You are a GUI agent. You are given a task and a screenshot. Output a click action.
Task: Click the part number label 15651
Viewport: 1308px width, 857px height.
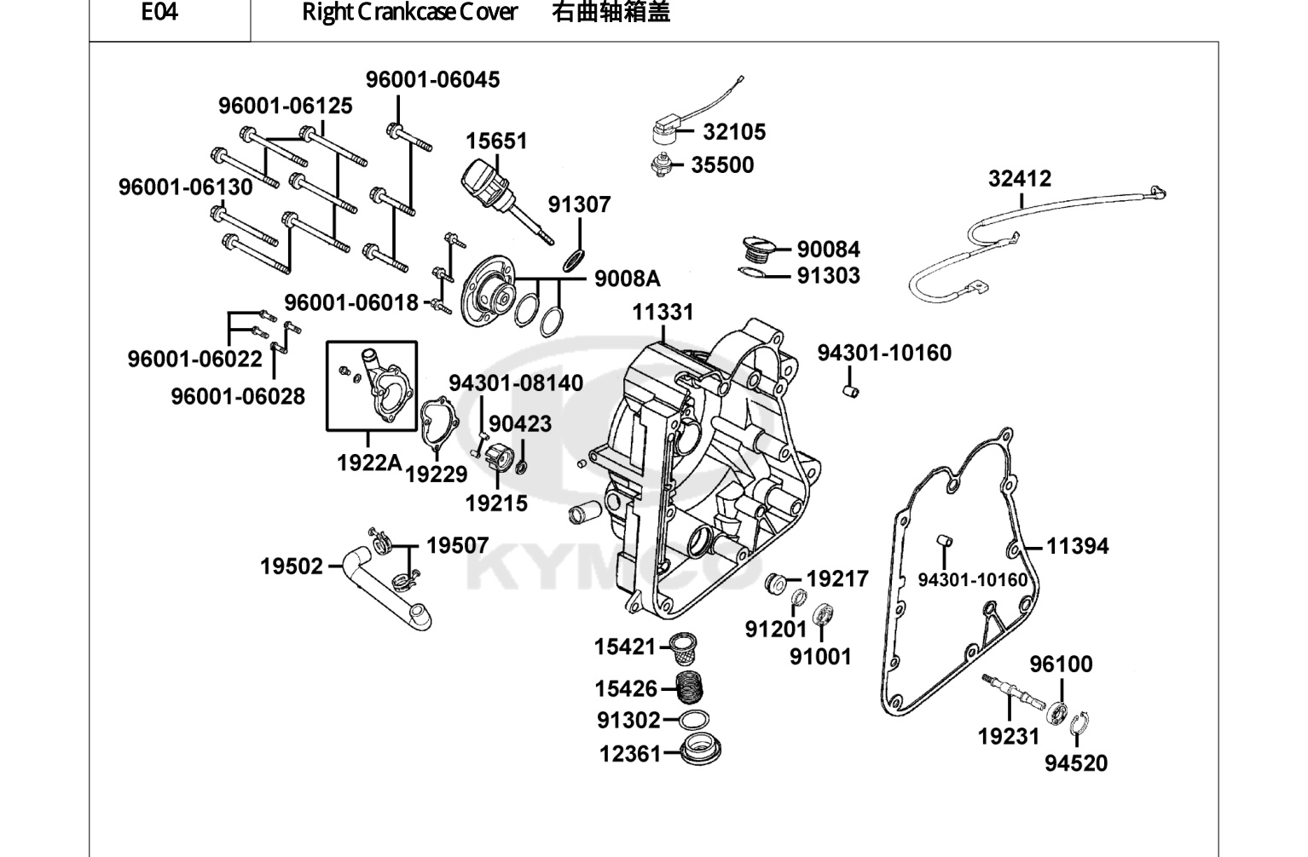[496, 141]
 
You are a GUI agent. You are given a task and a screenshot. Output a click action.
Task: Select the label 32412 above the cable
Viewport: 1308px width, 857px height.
[1020, 179]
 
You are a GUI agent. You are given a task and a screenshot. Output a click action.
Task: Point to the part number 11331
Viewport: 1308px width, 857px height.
[663, 312]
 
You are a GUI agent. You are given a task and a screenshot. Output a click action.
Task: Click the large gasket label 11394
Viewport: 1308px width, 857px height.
[1077, 547]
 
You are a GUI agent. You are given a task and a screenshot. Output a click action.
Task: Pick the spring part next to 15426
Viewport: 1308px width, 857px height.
[690, 687]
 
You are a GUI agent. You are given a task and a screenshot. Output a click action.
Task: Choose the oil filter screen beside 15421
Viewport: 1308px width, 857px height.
[681, 648]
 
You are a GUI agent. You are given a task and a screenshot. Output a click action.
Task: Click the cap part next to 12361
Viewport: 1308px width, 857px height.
[701, 750]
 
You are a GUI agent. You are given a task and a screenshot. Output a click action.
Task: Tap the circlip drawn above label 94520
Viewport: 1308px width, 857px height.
[1079, 723]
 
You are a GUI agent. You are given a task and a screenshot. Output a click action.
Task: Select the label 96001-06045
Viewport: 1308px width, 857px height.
[432, 80]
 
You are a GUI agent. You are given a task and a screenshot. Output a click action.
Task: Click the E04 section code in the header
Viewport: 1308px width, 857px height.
[159, 12]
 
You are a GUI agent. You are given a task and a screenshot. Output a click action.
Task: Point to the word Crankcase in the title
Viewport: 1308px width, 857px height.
[404, 12]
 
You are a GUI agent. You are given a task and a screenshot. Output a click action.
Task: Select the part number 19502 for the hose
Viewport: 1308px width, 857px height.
[292, 567]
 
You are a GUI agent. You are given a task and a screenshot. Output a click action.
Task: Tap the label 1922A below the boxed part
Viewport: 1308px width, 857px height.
[369, 463]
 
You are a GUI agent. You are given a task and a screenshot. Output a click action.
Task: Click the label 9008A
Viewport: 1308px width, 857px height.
[627, 279]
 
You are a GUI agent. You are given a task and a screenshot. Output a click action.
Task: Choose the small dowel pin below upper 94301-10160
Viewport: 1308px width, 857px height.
[851, 391]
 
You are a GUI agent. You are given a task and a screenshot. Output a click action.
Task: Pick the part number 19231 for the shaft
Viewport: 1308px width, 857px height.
[1009, 737]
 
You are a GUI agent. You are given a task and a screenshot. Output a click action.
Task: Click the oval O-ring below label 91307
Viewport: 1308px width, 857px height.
[574, 260]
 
